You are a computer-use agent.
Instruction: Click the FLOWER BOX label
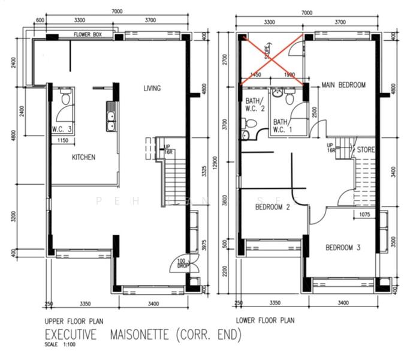88,35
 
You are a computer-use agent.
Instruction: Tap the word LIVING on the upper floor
152,89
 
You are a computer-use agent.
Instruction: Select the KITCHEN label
83,157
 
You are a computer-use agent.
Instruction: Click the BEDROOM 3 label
343,248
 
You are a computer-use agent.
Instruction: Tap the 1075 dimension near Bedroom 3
365,214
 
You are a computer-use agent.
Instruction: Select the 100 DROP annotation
180,263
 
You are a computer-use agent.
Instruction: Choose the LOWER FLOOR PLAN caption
264,320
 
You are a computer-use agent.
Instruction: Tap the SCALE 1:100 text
57,345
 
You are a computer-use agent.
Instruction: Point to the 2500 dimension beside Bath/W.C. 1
316,113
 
